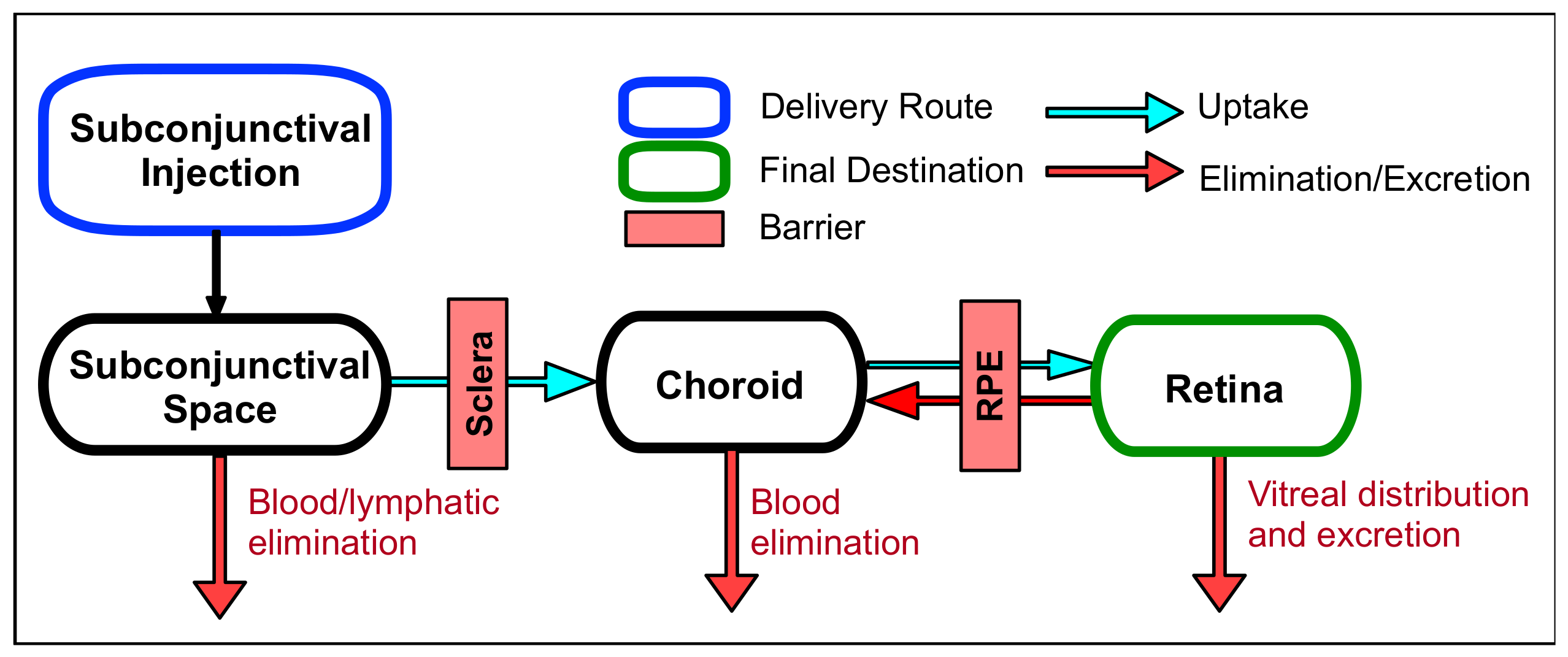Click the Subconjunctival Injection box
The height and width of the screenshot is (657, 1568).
tap(215, 150)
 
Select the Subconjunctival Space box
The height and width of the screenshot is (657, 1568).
tap(215, 385)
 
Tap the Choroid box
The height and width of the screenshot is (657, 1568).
tap(730, 384)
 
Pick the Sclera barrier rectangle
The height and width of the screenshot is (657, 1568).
tap(477, 384)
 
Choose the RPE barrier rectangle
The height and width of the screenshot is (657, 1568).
tap(990, 385)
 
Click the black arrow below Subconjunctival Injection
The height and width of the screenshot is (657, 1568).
tap(216, 270)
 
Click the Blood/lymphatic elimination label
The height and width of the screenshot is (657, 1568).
tap(373, 522)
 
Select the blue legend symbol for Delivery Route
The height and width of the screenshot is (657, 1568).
tap(674, 107)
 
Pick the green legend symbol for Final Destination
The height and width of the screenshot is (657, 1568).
tap(674, 171)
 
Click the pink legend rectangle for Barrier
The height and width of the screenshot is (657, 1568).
tap(674, 228)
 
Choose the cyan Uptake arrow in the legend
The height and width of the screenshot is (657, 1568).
tap(1113, 112)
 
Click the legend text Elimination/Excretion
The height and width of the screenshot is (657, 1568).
tap(1364, 179)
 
